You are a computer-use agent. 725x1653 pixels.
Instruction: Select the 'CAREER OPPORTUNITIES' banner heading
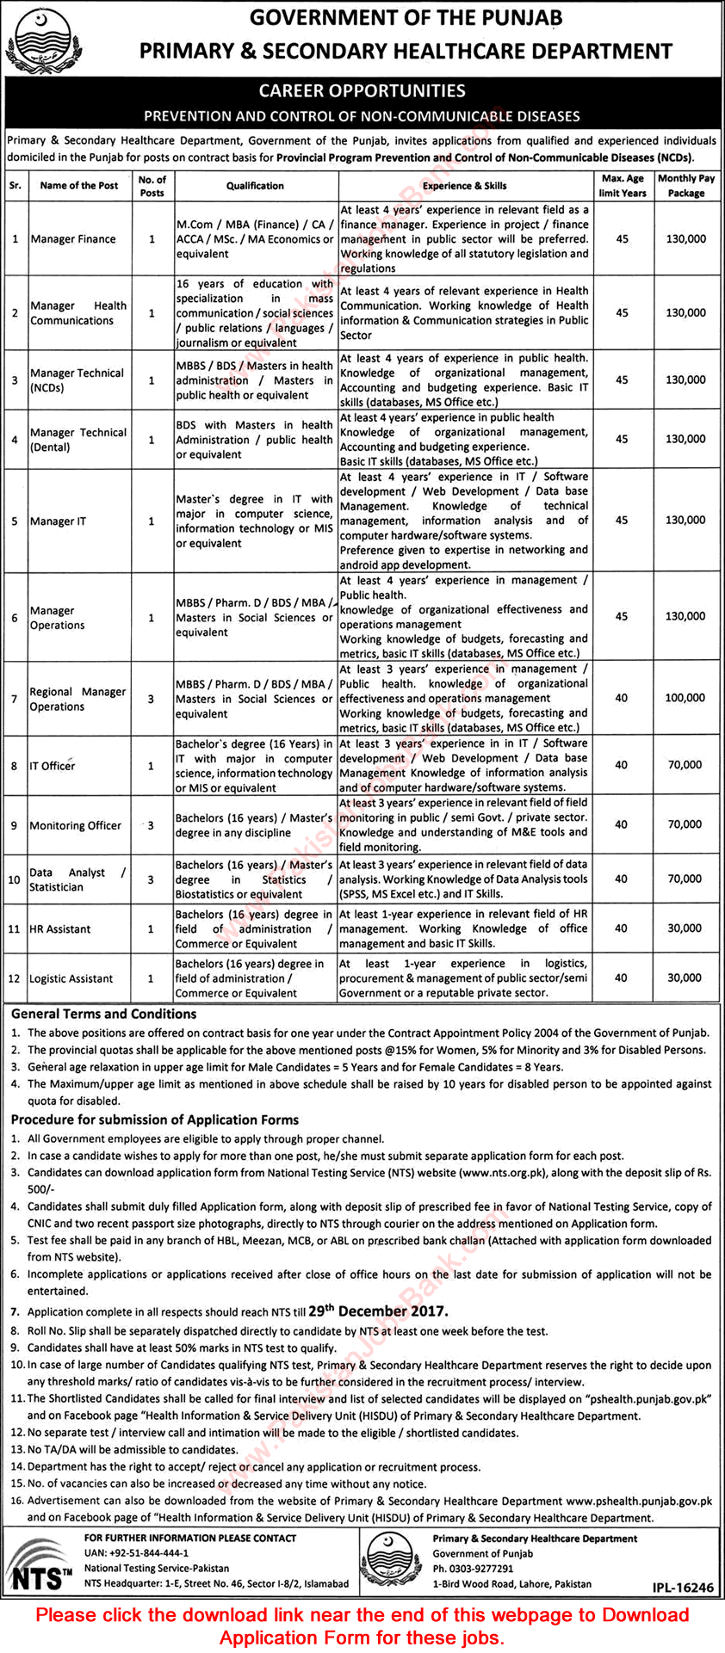[x=362, y=91]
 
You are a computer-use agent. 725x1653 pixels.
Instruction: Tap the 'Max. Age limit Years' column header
[x=622, y=186]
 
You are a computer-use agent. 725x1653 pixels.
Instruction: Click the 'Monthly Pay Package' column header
[x=686, y=186]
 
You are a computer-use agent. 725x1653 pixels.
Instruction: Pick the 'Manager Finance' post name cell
[x=73, y=239]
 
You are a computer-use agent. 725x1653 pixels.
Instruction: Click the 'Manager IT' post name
[x=58, y=521]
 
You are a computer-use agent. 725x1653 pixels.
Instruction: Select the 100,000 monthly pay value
[x=685, y=698]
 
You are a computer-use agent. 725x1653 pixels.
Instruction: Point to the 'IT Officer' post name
[x=53, y=766]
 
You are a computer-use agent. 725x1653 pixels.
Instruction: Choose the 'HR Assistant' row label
[x=60, y=929]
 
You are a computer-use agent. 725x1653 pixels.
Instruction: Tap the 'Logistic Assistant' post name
[x=71, y=979]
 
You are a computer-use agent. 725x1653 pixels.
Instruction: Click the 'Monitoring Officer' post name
[x=76, y=826]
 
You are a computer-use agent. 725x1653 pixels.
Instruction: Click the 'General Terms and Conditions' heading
[x=104, y=1015]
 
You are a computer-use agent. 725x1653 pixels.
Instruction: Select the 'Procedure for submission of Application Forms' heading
[x=155, y=1120]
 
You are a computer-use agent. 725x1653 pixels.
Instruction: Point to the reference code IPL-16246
[x=685, y=1588]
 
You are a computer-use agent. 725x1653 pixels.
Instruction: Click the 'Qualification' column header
[x=255, y=186]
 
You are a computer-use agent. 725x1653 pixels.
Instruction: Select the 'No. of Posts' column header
[x=152, y=186]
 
